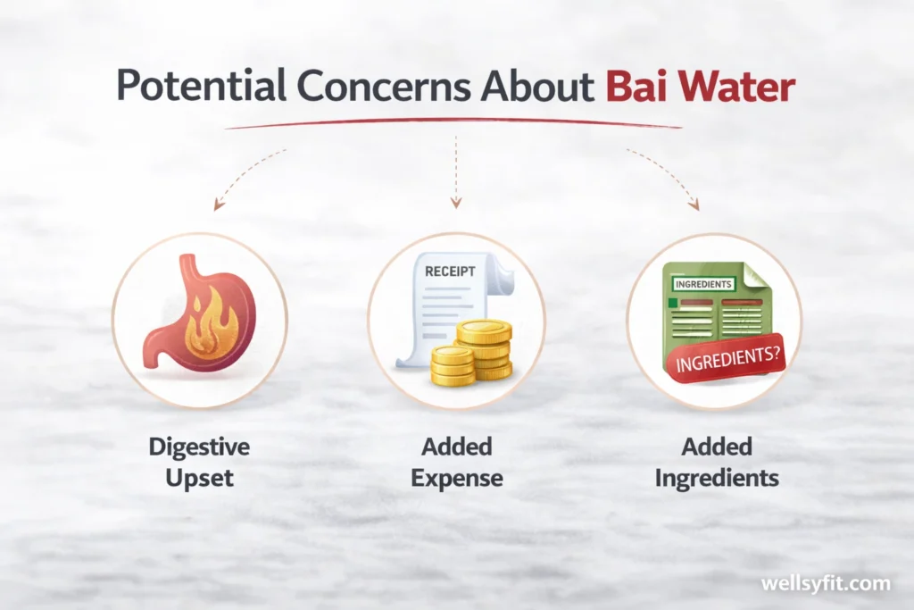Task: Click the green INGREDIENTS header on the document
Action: pos(703,284)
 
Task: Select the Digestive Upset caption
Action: pos(198,461)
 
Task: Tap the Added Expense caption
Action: pos(456,461)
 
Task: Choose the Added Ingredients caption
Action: pos(716,461)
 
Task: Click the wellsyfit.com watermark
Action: pos(825,583)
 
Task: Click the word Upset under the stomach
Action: pos(198,478)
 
